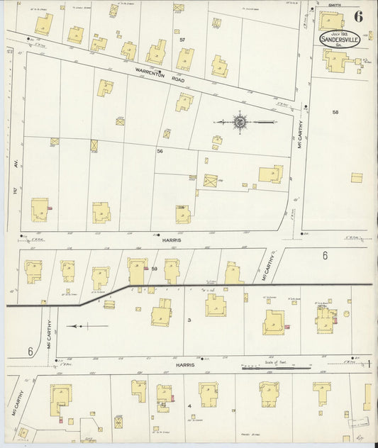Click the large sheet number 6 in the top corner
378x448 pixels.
tap(360, 15)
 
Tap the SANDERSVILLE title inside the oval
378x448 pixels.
tap(340, 40)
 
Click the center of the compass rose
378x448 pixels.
tap(240, 123)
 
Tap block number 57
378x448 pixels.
tap(182, 39)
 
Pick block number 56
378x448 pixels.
tap(160, 151)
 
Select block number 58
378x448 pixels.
tap(335, 112)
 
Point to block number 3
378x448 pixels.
tap(189, 320)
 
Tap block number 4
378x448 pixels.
tap(189, 405)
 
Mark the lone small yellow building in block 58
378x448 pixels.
tap(357, 177)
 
